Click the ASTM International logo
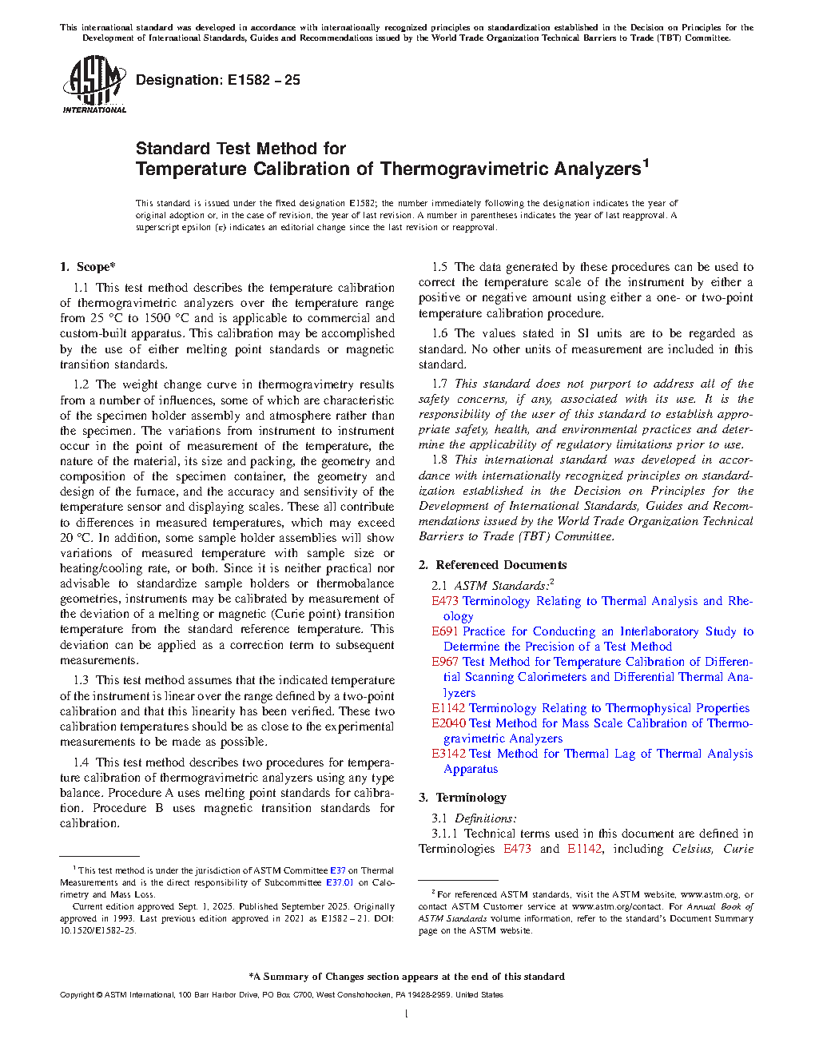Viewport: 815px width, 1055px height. click(x=93, y=84)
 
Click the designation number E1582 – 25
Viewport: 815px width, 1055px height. click(x=264, y=80)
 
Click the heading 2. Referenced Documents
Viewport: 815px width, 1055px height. click(x=492, y=565)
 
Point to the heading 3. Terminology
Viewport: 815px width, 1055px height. click(x=463, y=798)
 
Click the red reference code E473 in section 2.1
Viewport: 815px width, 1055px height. click(x=446, y=601)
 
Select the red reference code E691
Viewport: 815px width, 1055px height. click(x=446, y=631)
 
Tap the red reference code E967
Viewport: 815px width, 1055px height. click(x=446, y=662)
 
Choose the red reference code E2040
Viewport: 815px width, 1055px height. click(x=449, y=723)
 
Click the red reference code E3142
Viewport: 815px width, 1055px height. click(x=449, y=754)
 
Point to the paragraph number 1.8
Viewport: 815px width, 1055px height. click(x=439, y=460)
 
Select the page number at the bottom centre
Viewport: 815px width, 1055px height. click(x=407, y=1014)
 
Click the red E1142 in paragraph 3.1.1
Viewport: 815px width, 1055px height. click(x=584, y=849)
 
